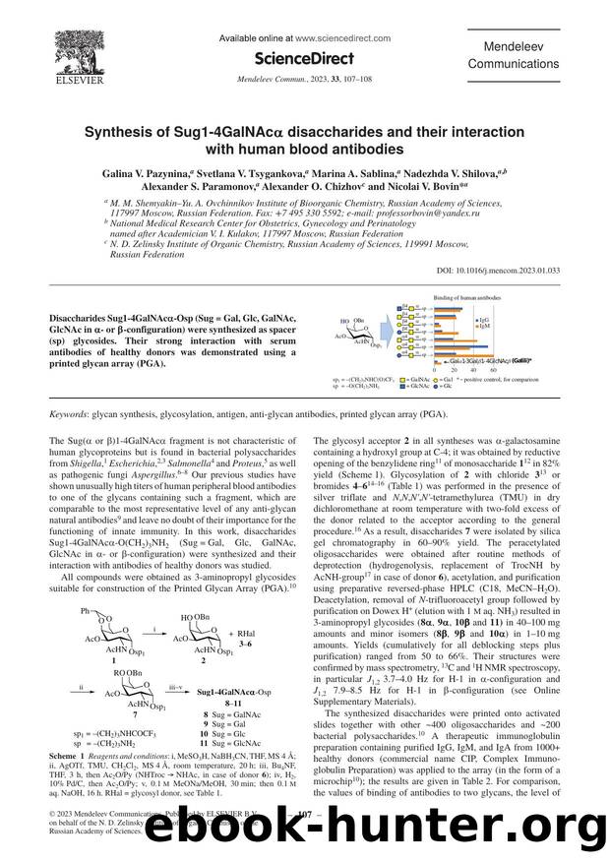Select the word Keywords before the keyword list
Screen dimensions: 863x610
pyautogui.click(x=73, y=416)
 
